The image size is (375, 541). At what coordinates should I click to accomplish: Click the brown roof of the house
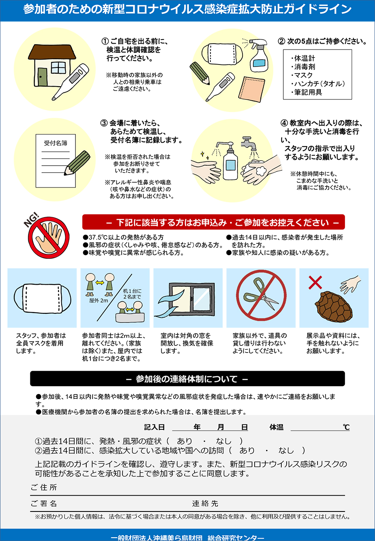coord(52,52)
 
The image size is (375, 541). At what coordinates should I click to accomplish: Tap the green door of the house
coord(42,77)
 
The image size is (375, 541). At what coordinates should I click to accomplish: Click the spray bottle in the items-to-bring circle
coord(258,55)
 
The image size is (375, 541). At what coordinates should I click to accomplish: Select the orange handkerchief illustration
coord(251,89)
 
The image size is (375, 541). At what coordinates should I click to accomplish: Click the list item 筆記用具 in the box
coord(306,92)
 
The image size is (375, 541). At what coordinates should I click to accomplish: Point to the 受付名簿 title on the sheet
coord(55,143)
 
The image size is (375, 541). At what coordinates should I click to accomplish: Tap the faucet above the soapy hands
coord(249,143)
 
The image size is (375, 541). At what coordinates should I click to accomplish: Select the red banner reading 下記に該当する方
coord(213,222)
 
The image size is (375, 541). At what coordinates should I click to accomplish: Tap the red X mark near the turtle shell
coord(315,282)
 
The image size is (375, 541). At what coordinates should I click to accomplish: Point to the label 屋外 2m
coord(99,301)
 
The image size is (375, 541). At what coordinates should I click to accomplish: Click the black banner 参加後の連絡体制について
coord(187,379)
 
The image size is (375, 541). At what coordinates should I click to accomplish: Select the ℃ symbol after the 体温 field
coord(346,427)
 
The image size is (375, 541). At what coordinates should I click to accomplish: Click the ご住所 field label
coord(44,487)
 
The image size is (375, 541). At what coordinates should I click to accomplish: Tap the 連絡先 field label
coord(205,504)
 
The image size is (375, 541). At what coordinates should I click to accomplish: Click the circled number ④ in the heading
coord(284,123)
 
